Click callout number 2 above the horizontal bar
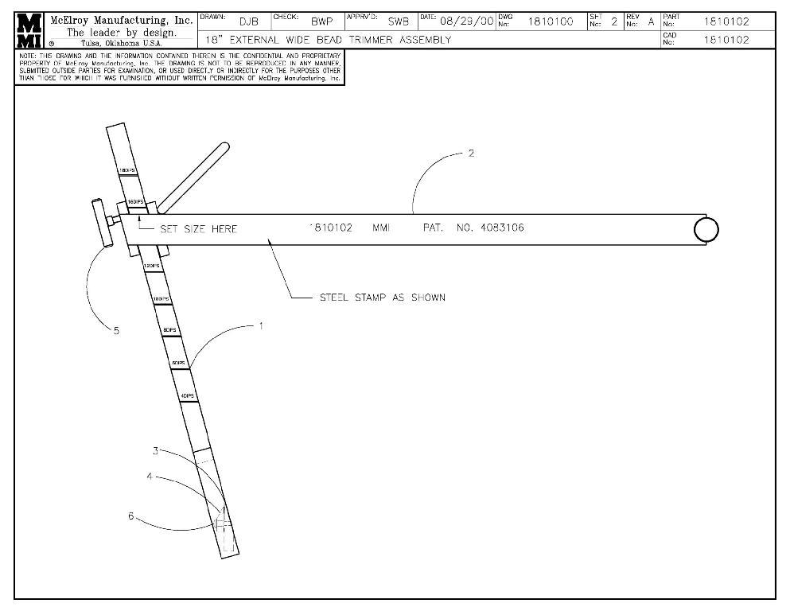[472, 154]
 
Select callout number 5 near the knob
[116, 331]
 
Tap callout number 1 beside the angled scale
[262, 326]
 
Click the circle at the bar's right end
[706, 229]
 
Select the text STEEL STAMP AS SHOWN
[382, 298]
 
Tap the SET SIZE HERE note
[198, 229]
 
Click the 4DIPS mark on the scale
[188, 395]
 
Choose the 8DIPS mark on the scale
[169, 329]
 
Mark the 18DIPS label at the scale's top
[126, 170]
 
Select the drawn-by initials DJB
[250, 21]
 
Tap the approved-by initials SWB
[398, 21]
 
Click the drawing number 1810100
[551, 21]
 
